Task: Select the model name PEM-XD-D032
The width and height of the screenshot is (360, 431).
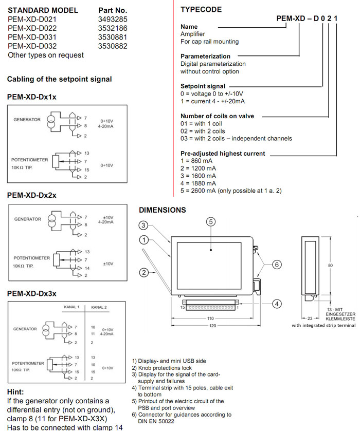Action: click(32, 46)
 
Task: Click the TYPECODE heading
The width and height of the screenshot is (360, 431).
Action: click(201, 10)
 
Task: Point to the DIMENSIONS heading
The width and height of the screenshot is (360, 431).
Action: click(163, 210)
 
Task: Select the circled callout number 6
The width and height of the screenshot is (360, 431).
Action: click(276, 265)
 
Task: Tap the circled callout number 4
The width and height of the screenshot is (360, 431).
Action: click(276, 304)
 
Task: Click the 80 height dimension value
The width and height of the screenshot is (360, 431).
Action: click(331, 266)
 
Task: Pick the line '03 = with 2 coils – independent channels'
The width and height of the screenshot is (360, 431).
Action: click(236, 138)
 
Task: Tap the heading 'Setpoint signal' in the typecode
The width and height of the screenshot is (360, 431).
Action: click(203, 86)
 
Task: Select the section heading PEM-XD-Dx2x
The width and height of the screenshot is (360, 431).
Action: click(32, 195)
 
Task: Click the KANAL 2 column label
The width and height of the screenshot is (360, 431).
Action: click(99, 307)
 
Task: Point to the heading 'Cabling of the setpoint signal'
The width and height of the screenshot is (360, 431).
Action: click(59, 79)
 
